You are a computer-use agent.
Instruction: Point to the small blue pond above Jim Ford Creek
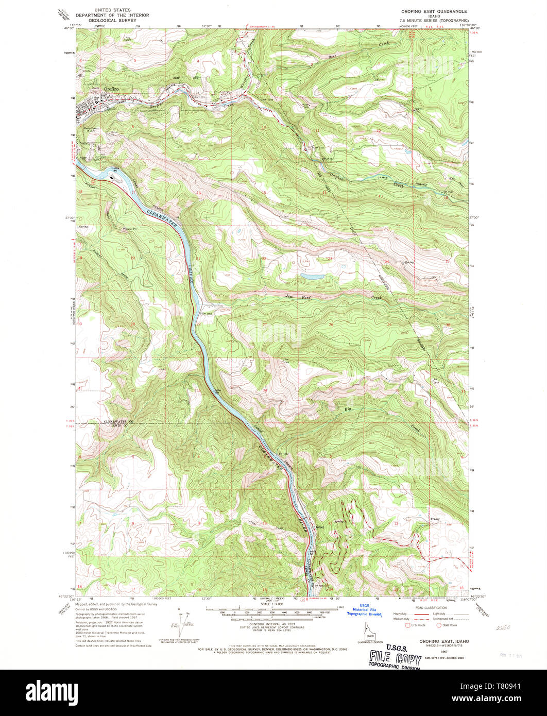313,277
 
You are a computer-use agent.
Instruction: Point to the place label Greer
319,526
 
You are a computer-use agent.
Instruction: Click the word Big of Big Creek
348,410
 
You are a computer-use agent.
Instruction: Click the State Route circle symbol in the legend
439,625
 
